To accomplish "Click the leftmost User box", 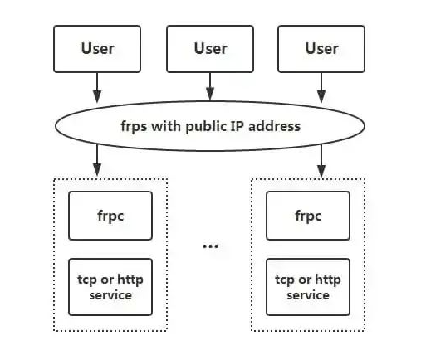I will tap(97, 48).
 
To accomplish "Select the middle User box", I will tap(210, 48).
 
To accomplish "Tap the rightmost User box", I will tap(321, 48).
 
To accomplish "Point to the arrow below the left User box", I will tap(97, 86).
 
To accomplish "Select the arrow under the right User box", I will tap(321, 86).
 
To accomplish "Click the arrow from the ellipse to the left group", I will tap(97, 159).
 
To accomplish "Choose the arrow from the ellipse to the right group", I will tap(321, 159).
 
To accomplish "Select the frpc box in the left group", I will tap(110, 216).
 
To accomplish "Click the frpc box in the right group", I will tap(308, 216).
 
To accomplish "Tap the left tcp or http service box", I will tap(110, 286).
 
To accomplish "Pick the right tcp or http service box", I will tap(308, 286).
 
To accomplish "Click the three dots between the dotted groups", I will tap(210, 246).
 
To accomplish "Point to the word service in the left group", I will tap(110, 294).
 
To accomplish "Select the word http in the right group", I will tap(327, 280).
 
